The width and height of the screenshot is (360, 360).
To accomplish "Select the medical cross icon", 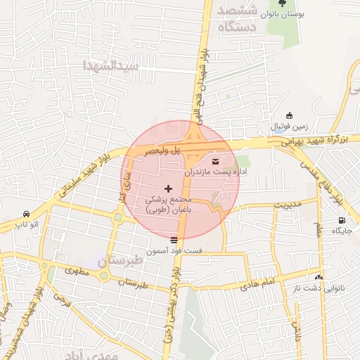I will click(x=168, y=188).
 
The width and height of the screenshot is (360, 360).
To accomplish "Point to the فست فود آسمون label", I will click(x=174, y=250).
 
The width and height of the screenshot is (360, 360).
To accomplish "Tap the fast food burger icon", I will click(x=174, y=240).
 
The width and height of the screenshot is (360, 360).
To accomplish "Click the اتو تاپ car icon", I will click(x=26, y=214).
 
